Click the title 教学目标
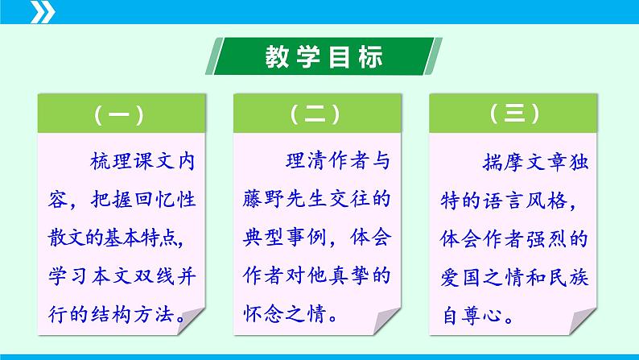click(324, 57)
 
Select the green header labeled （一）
click(118, 116)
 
